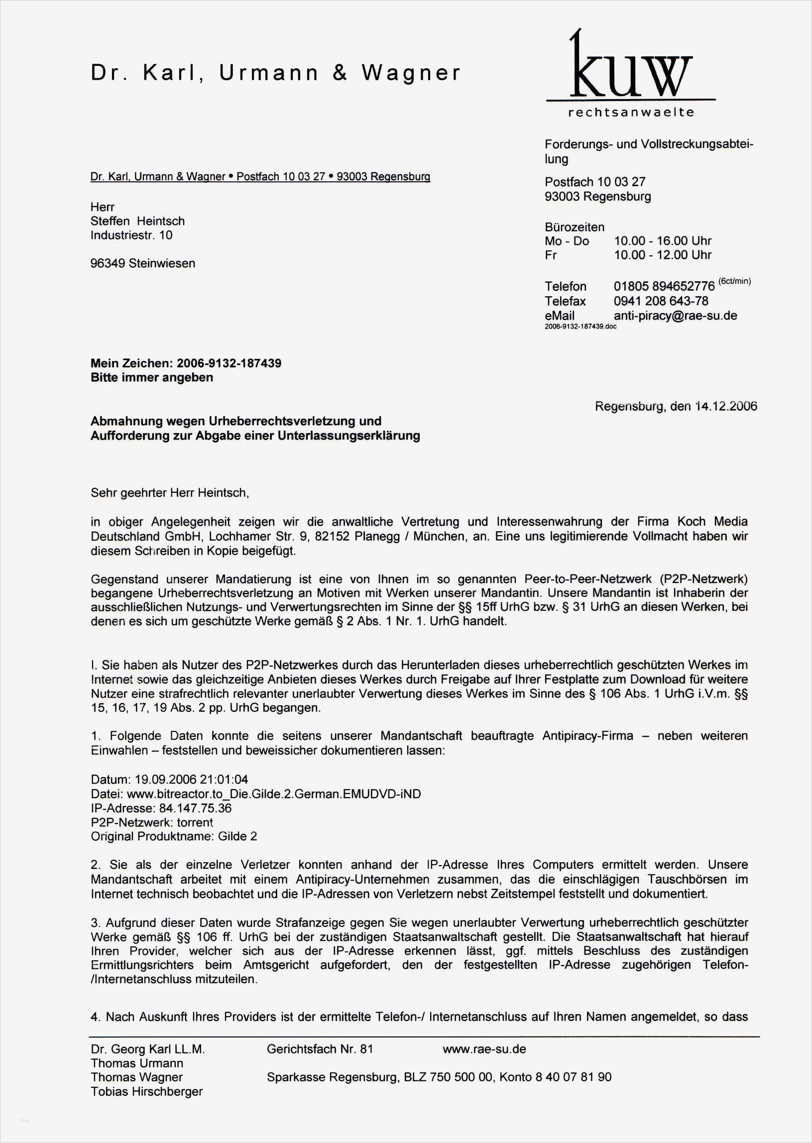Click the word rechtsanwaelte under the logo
coord(631,113)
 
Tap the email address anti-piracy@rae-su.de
coord(675,316)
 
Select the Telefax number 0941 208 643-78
coord(661,301)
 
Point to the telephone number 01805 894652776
coord(664,287)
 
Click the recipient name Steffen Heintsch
coord(137,221)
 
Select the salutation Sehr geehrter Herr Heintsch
coord(169,492)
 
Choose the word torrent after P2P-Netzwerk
coord(195,822)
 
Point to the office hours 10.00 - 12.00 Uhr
coord(663,255)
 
